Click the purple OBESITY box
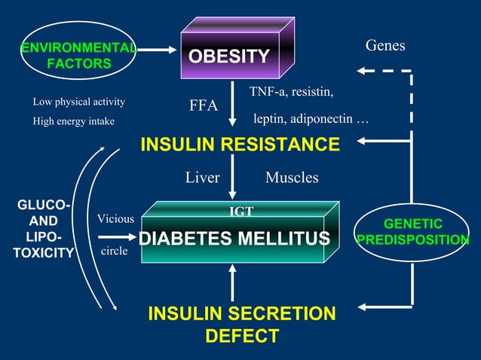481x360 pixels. click(229, 56)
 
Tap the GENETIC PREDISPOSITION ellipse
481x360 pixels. click(412, 232)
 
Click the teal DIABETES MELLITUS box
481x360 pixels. click(234, 239)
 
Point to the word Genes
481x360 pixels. click(385, 46)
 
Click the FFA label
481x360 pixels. click(203, 105)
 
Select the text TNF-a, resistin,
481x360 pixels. click(291, 92)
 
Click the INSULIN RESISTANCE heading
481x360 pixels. click(240, 144)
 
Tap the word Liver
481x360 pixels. click(202, 178)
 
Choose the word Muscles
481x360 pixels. click(292, 178)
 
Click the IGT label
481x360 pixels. click(240, 212)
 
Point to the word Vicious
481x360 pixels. click(115, 218)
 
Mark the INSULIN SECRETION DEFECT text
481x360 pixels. click(242, 325)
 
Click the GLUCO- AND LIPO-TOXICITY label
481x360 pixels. click(43, 229)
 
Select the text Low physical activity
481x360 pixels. click(79, 102)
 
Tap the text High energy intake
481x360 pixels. click(74, 121)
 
